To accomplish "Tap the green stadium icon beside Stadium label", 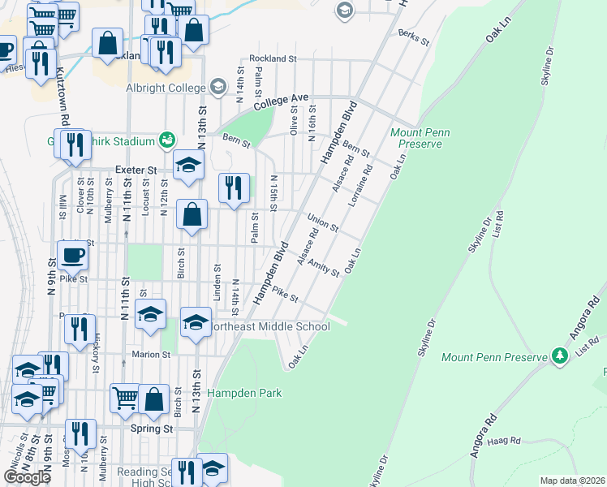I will coord(166,140).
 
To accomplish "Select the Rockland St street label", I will coord(273,58).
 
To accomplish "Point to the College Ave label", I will coord(282,101).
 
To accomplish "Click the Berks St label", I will coord(413,37).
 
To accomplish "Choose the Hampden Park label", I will coord(244,393).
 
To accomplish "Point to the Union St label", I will coord(323,222).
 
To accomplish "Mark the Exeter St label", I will coord(136,170).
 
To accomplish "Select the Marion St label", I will coord(153,354).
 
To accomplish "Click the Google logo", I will coord(27,476).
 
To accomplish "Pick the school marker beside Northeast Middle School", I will coord(196,323).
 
